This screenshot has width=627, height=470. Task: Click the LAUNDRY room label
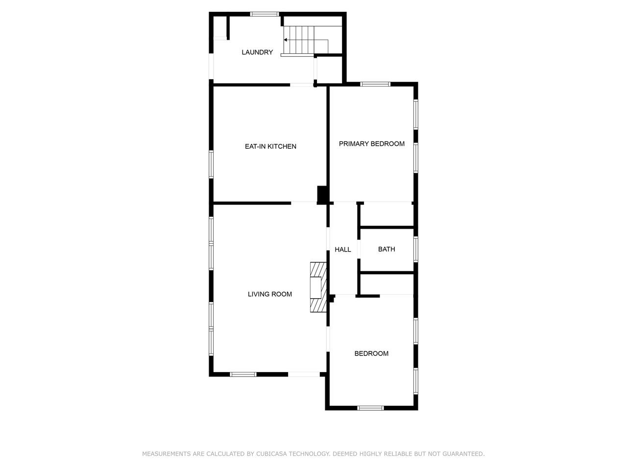click(x=257, y=52)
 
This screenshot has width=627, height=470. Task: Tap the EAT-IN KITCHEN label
click(x=270, y=146)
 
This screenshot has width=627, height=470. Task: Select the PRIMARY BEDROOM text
click(x=372, y=144)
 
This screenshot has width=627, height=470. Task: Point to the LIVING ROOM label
click(x=269, y=294)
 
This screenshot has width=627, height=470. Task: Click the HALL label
click(x=343, y=250)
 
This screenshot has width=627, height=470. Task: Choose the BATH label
click(x=386, y=249)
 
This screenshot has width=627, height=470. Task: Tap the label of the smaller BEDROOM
click(x=371, y=353)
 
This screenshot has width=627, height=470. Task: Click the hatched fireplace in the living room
click(x=318, y=287)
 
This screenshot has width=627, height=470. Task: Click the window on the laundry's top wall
click(x=265, y=14)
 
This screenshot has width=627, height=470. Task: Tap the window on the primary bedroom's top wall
click(x=375, y=84)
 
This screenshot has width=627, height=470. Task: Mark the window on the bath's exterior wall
click(x=416, y=249)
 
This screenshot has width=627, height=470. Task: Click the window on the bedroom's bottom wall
click(x=370, y=408)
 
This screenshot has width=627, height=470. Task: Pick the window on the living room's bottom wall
click(x=243, y=375)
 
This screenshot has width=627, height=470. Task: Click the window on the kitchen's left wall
click(x=211, y=164)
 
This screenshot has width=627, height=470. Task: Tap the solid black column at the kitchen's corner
click(x=322, y=195)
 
